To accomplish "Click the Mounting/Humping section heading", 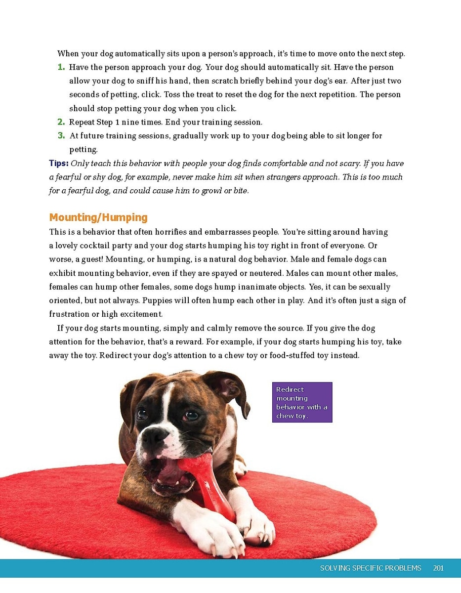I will click(98, 217).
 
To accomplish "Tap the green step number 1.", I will click(61, 67).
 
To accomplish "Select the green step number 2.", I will click(61, 122).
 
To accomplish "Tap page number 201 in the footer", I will click(438, 568).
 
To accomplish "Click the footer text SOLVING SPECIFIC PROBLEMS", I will click(371, 568).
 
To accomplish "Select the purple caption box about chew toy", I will click(302, 402).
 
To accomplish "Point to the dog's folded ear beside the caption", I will click(230, 390).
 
